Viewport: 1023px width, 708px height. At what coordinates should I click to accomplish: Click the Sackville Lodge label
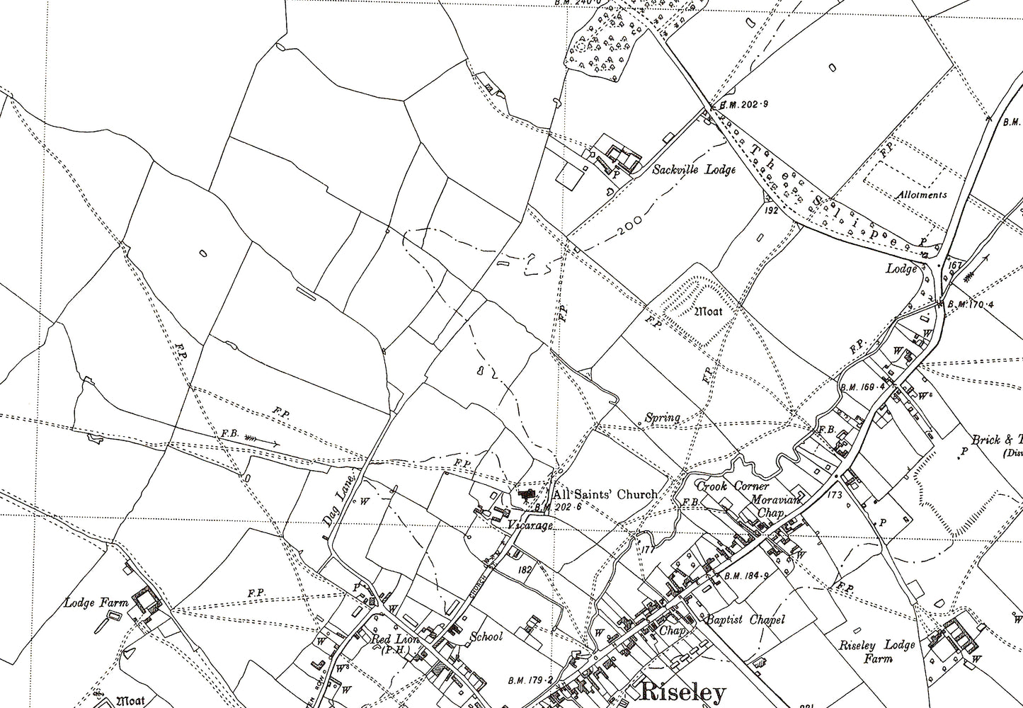coord(694,170)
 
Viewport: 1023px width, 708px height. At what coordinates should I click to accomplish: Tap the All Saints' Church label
coord(605,495)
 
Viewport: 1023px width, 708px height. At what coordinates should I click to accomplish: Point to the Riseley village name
coord(683,691)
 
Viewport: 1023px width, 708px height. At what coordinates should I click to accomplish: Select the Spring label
coord(662,418)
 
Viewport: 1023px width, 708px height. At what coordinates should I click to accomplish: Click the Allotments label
coord(920,195)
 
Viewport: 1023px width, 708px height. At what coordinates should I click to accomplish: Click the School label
coord(486,636)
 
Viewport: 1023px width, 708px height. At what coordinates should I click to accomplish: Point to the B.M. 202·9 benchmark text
coord(743,105)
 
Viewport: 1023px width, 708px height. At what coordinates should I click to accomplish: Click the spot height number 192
coord(772,210)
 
